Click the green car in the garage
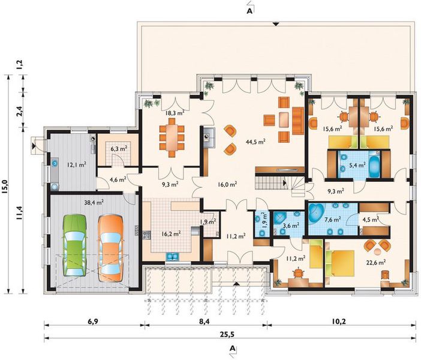[x=74, y=245]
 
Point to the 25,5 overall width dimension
[x=227, y=334]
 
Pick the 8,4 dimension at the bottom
[x=205, y=322]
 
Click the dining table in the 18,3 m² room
[x=172, y=137]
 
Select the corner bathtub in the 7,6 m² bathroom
[x=317, y=213]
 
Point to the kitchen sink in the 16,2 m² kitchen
[x=173, y=257]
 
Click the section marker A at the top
[x=249, y=11]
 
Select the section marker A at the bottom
[x=233, y=349]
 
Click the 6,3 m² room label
[x=118, y=148]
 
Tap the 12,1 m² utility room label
[x=77, y=164]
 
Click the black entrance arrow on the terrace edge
[x=276, y=24]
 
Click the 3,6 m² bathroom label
[x=291, y=226]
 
